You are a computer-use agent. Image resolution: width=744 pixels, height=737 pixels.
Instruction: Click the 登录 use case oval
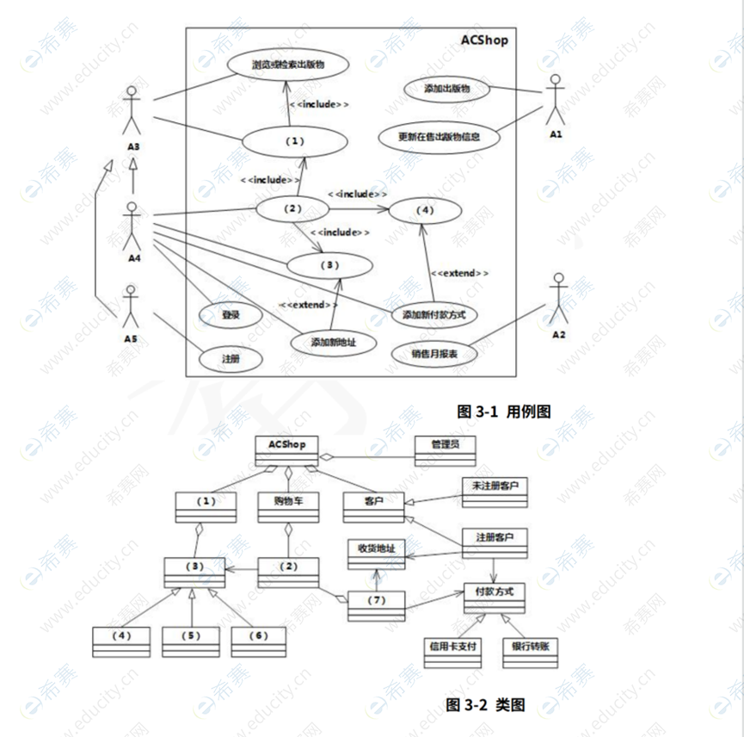(x=230, y=315)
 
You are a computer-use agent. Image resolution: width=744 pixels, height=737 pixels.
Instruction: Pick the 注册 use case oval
(x=230, y=358)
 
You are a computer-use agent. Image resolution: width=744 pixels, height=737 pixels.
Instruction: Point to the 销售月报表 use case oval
(x=434, y=354)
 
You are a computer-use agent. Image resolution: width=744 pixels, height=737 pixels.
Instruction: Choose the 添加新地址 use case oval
(x=333, y=342)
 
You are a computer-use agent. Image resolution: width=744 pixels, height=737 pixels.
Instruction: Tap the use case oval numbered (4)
(x=423, y=210)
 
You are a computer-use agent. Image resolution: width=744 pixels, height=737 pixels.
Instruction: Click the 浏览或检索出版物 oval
(x=287, y=65)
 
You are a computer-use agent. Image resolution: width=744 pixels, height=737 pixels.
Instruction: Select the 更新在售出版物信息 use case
(x=439, y=136)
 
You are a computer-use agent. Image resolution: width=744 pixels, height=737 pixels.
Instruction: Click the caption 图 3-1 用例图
(x=502, y=412)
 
